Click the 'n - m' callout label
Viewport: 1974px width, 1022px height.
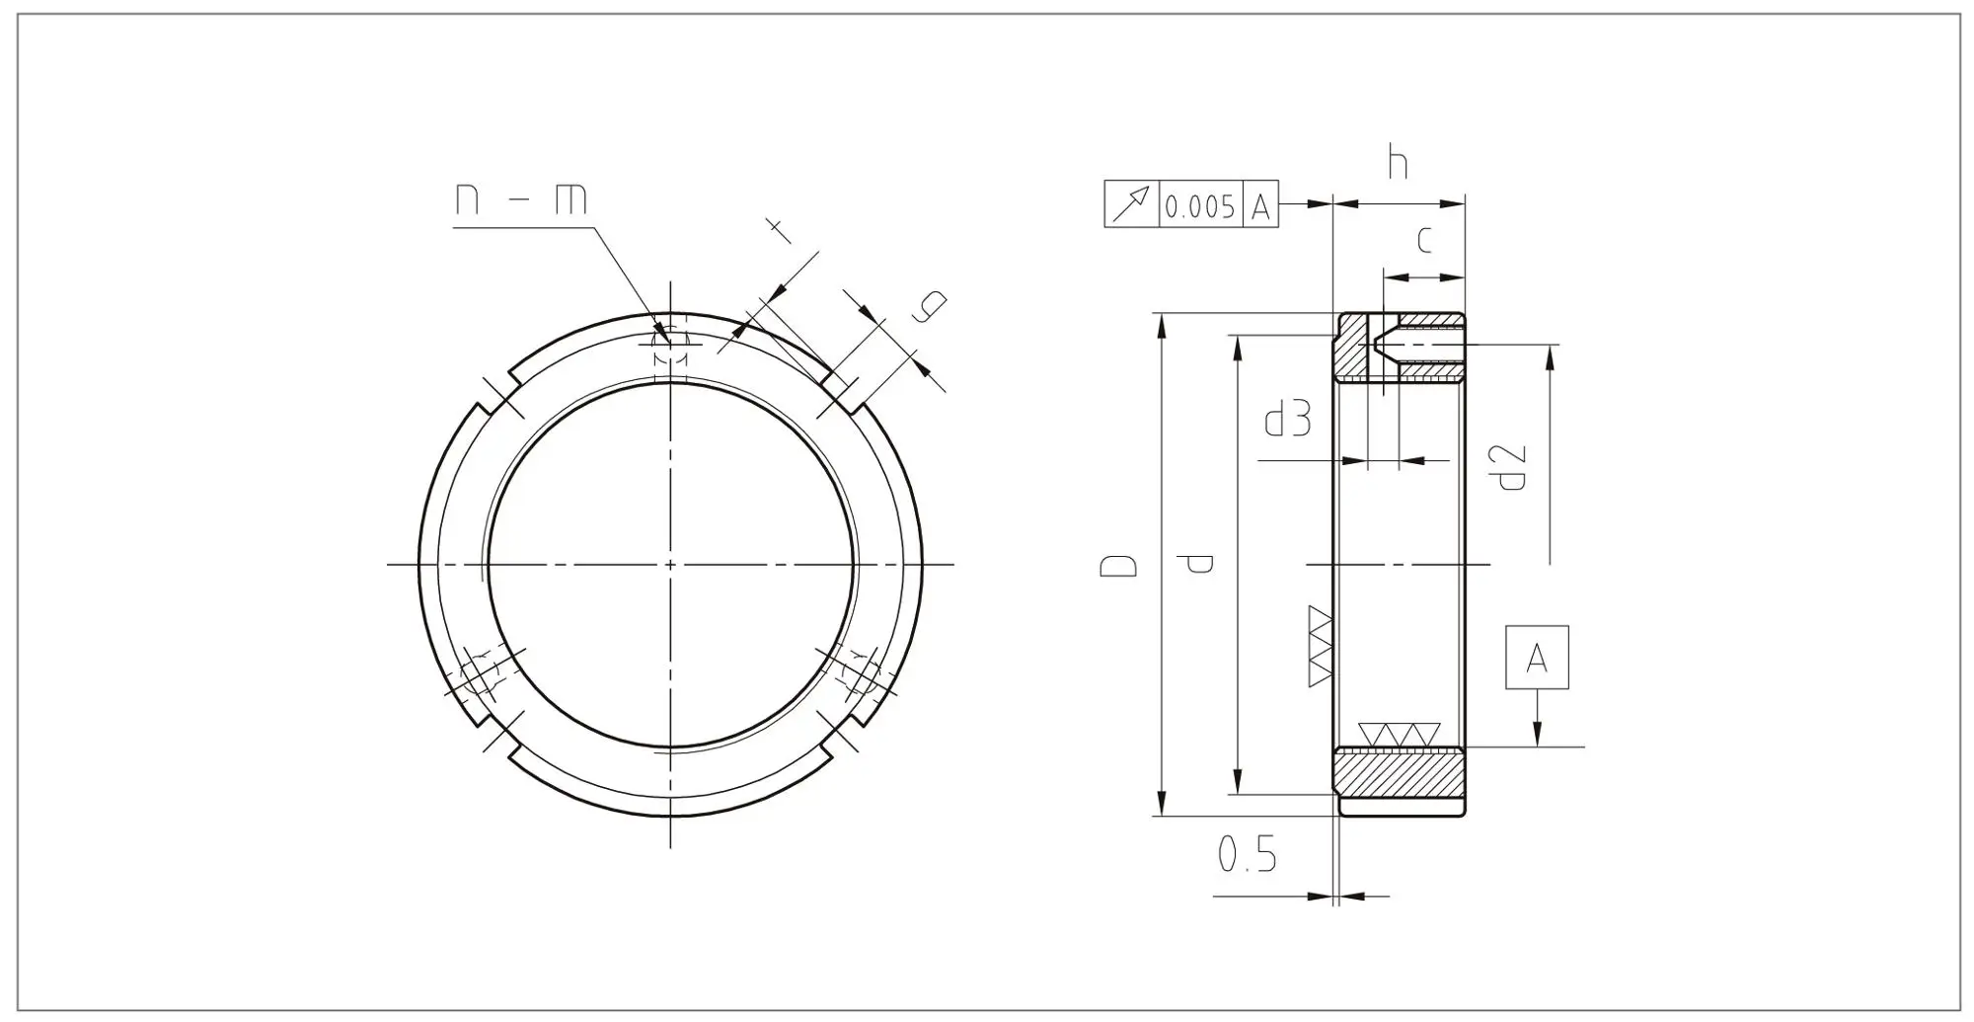520,199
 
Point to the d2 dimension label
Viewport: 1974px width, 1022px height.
1511,468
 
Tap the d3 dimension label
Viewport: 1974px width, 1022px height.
1288,419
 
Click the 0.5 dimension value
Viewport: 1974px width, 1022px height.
1247,854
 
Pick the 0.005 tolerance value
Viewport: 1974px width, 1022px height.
1199,207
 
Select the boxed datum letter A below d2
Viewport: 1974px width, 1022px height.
1537,658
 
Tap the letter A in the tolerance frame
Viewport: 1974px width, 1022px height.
1260,207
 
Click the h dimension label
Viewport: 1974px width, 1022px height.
1397,162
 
